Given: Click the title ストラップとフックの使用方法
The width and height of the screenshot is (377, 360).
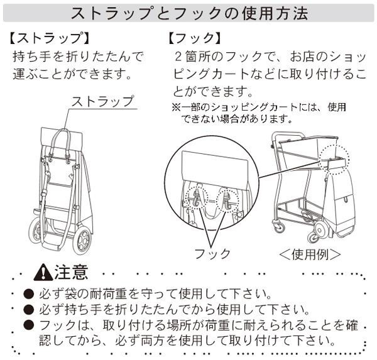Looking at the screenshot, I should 188,13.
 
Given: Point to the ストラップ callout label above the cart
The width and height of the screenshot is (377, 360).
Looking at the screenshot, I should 102,101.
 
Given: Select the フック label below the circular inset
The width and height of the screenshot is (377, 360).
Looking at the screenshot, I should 212,253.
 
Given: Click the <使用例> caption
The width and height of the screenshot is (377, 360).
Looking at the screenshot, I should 310,254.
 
